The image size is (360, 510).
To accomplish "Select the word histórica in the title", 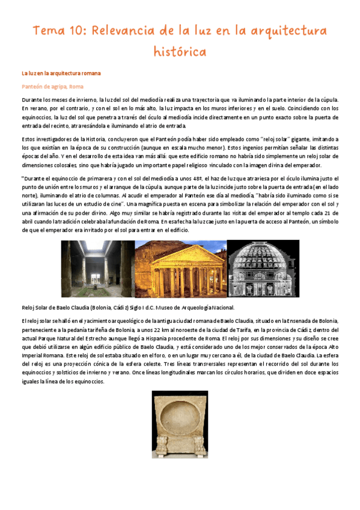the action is coord(180,51).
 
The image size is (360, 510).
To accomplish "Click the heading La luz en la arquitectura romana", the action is coord(61,73).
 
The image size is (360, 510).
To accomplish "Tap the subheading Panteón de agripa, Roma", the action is coord(52,87).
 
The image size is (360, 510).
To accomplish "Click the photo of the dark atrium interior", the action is coord(106,268).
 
